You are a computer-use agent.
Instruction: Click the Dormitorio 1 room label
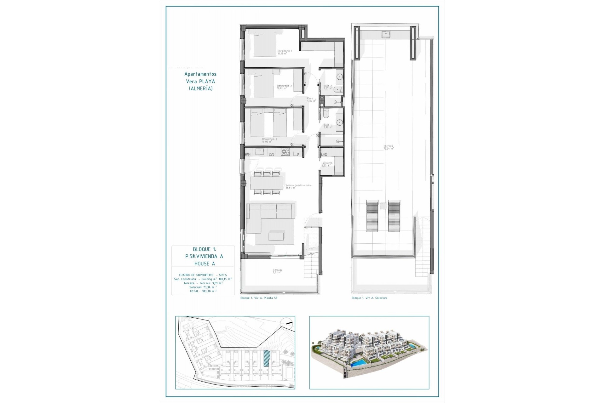pos(285,52)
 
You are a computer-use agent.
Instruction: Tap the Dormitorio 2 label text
pos(284,87)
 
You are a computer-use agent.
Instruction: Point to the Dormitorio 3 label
pos(269,140)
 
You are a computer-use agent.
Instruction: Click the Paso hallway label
pos(311,99)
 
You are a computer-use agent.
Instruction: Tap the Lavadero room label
pos(327,164)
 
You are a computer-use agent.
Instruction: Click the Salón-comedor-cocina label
pos(298,186)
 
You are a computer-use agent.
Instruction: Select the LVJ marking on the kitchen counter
pos(272,154)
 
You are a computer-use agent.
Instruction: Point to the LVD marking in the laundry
pos(324,155)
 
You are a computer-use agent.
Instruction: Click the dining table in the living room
pos(267,183)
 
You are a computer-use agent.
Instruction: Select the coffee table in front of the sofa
pos(276,236)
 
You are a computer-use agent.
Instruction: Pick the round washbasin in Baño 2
pos(340,77)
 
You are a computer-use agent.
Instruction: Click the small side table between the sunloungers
pos(383,206)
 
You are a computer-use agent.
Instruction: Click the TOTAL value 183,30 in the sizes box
pos(209,291)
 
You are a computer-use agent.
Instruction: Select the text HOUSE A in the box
pos(205,264)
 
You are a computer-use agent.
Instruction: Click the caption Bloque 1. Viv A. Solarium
pos(369,298)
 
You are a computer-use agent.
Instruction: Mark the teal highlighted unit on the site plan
pos(267,359)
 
